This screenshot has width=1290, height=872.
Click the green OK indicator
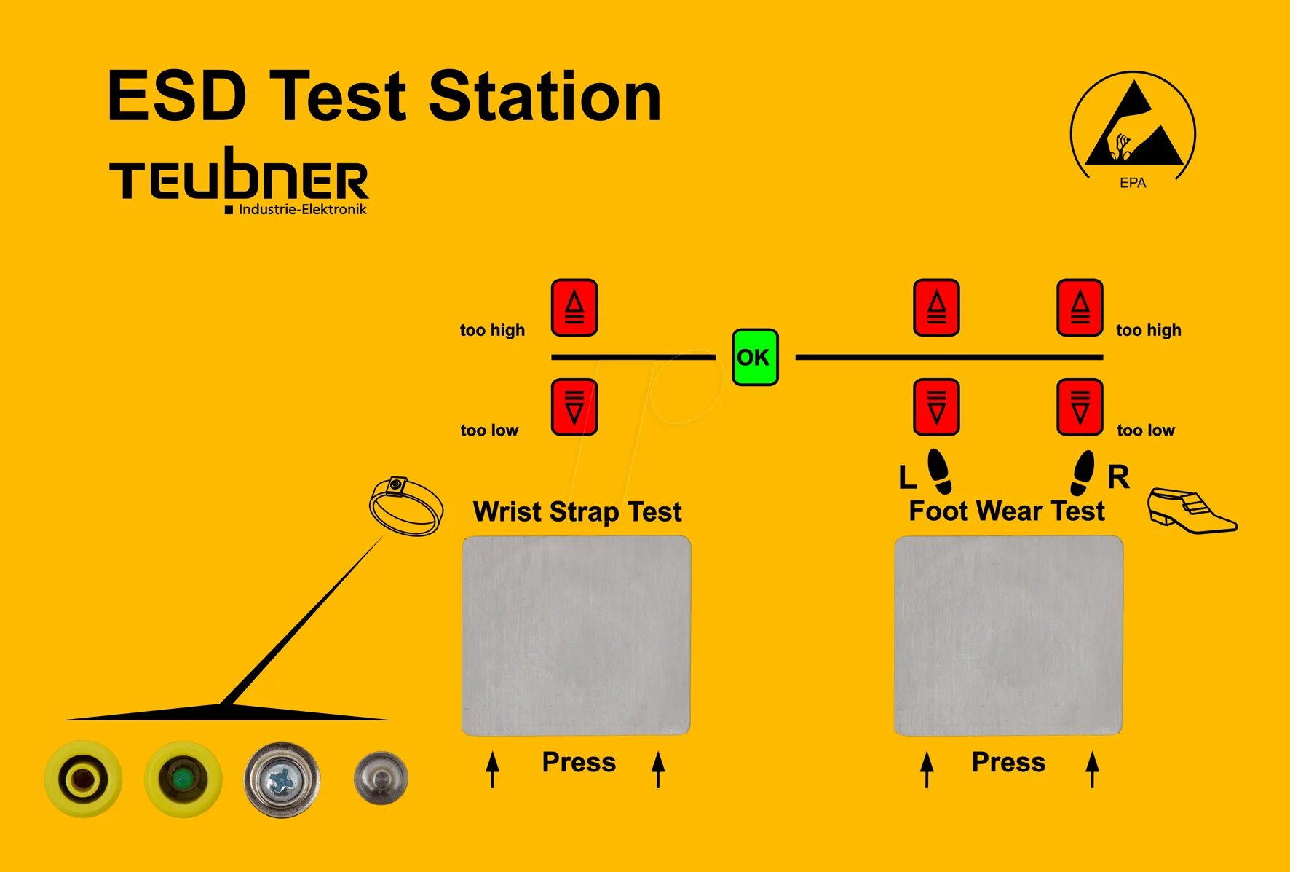click(755, 357)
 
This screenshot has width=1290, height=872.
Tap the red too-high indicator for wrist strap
click(574, 307)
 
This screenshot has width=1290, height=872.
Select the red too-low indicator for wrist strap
click(574, 407)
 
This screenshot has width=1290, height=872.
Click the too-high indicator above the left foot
click(936, 307)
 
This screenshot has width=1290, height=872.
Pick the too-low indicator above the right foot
click(1080, 407)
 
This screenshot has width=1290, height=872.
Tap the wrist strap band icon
click(405, 506)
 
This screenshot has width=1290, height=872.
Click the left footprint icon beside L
click(939, 471)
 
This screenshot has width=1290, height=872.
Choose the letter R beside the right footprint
click(1118, 477)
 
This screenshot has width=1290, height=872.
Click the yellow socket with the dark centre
click(83, 779)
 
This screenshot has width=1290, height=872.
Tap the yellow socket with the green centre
click(183, 779)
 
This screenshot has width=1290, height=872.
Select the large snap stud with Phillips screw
click(282, 779)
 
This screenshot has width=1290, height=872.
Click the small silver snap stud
click(381, 779)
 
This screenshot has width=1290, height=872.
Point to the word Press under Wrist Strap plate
click(579, 762)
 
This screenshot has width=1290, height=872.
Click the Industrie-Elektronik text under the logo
click(302, 210)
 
